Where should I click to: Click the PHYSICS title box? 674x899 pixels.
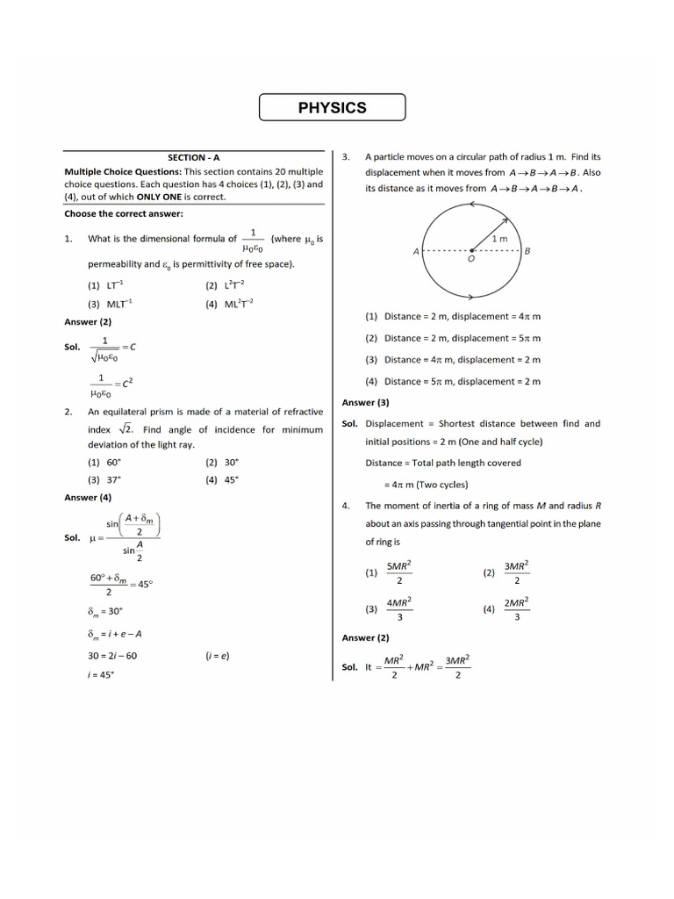click(332, 108)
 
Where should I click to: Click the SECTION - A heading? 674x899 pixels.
click(194, 157)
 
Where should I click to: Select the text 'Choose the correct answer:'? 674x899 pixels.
click(124, 213)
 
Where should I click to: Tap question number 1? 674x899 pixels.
click(68, 239)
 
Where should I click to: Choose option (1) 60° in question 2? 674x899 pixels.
click(104, 462)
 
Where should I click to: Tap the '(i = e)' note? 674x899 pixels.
click(218, 656)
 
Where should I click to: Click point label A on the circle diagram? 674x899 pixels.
click(416, 252)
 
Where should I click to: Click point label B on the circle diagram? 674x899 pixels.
click(527, 251)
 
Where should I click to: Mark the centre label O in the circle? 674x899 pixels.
click(471, 260)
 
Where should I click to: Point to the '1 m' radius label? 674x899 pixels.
click(498, 238)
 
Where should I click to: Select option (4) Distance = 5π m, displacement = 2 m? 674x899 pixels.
click(453, 381)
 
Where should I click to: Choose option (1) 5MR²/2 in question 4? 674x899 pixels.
click(390, 572)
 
